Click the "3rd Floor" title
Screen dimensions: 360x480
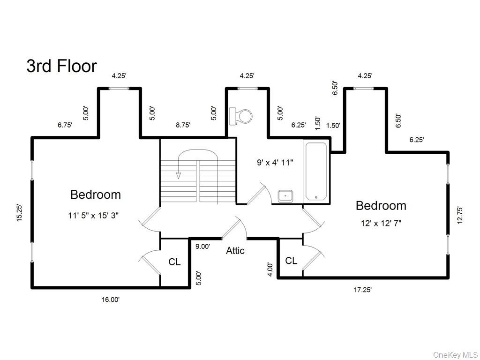(61, 66)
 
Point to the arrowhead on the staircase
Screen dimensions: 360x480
(178, 175)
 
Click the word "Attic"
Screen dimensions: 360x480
(235, 251)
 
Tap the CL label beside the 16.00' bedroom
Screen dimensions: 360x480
(174, 262)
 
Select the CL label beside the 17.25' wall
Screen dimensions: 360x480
(291, 261)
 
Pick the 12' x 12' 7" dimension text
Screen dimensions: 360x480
(381, 224)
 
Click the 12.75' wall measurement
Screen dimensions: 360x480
(460, 215)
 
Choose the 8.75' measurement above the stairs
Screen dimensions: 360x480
(183, 125)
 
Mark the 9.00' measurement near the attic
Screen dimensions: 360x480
(202, 247)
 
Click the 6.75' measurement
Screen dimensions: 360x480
(65, 125)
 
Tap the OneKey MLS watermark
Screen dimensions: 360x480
(455, 354)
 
